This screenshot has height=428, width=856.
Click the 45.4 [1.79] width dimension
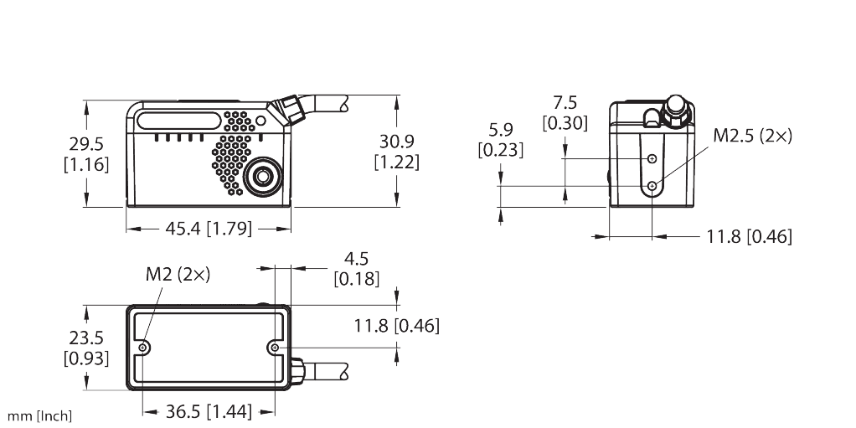209,228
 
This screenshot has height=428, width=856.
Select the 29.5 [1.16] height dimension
86,154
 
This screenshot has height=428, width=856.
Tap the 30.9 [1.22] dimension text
397,152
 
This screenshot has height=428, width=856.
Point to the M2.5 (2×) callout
752,136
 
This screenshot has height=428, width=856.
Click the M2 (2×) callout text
178,274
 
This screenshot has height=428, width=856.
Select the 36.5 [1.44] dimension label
209,411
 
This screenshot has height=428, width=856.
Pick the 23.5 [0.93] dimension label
86,348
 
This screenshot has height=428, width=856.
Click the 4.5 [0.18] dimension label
357,268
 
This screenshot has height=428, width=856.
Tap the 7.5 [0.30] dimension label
565,113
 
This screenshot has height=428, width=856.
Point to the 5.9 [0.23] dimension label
501,140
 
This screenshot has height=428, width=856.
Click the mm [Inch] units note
39,416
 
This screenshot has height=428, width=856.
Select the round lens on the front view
263,177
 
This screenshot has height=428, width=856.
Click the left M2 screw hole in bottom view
143,348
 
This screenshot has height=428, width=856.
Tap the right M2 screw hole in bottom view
275,348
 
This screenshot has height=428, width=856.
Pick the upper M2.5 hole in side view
652,158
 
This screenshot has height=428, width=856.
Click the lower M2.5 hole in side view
652,186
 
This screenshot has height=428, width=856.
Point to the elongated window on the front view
179,121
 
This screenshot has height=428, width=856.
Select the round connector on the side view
676,112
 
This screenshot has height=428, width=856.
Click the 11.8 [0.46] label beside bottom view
396,326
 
